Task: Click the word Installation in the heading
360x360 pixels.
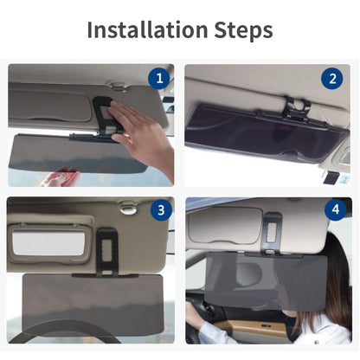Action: point(147,29)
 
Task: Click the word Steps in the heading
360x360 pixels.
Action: point(243,30)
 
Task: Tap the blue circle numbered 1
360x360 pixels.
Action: point(159,78)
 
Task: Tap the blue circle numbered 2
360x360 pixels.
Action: point(332,79)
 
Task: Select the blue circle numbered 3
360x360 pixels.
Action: point(161,209)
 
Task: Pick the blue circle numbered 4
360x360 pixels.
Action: point(336,209)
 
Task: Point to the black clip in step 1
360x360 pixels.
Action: point(103,115)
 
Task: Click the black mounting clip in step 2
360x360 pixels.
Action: point(296,111)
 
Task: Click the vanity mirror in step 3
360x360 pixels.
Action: point(48,242)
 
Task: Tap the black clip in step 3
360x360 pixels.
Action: point(107,252)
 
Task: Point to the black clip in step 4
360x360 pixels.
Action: point(271,232)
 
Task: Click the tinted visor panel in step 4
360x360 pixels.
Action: point(266,280)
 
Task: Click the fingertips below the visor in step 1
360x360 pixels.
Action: point(61,177)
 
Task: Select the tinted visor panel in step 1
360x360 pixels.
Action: point(77,153)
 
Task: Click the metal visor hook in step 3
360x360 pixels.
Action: point(128,208)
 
